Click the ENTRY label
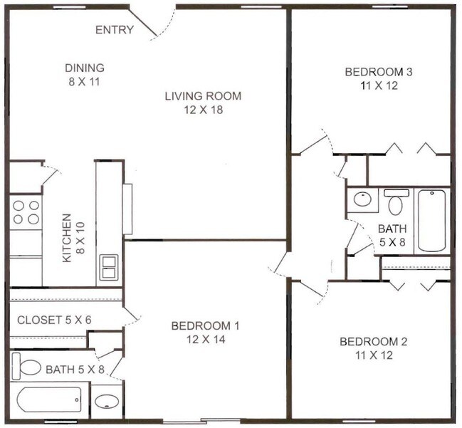(115, 30)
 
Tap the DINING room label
(85, 68)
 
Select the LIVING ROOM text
(203, 96)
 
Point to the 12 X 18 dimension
(204, 110)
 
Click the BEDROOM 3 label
(379, 72)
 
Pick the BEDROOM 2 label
(374, 342)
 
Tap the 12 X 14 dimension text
(206, 340)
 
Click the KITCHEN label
(67, 238)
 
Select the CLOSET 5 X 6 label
(54, 320)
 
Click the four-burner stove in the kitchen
(26, 212)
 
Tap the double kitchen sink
(109, 268)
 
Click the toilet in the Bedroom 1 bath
(26, 366)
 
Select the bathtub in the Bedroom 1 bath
(49, 400)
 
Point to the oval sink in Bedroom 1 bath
(107, 402)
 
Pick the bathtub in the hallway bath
(432, 221)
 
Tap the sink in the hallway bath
(363, 199)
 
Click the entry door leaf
(143, 24)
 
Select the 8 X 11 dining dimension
(85, 82)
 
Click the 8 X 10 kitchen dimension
(80, 238)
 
